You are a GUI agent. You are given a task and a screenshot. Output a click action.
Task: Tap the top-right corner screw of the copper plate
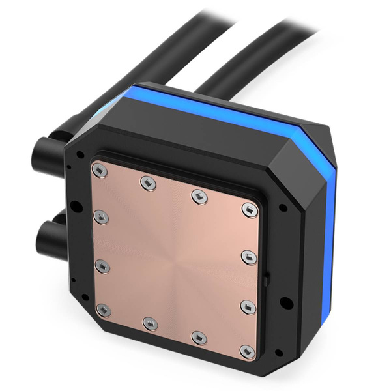[250, 208]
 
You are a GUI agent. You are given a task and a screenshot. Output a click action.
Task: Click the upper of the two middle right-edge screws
[248, 254]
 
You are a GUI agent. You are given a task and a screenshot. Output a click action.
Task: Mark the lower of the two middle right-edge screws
[246, 304]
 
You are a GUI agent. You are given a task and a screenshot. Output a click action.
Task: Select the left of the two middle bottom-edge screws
[149, 322]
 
